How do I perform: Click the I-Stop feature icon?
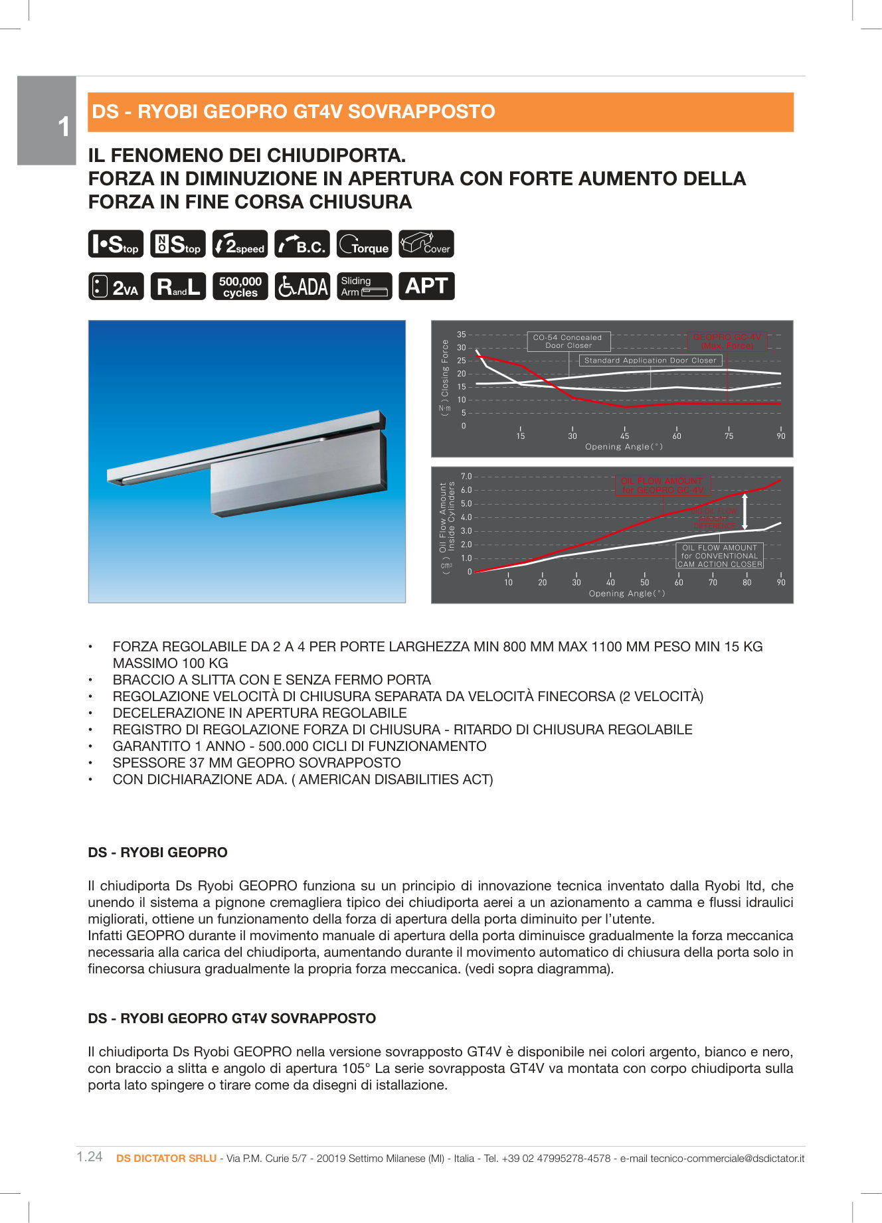pos(116,244)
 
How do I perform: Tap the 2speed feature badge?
pos(240,244)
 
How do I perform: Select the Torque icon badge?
pos(364,244)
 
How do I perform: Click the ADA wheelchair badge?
pos(302,286)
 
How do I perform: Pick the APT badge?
pos(426,286)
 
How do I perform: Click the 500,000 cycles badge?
pos(240,286)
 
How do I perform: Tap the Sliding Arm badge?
pos(364,286)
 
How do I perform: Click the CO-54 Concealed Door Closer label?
pos(568,341)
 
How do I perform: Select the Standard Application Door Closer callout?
pos(650,361)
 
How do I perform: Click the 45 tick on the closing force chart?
pos(624,436)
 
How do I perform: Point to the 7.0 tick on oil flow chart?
pos(466,477)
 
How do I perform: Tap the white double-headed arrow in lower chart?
pos(745,511)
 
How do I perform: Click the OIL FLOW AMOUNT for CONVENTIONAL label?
pos(719,556)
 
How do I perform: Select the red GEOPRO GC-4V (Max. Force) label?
pos(727,341)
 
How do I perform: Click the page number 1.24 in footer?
pos(90,1157)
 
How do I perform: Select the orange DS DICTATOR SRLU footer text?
pos(166,1158)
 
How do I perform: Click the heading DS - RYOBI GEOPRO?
pos(157,853)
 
